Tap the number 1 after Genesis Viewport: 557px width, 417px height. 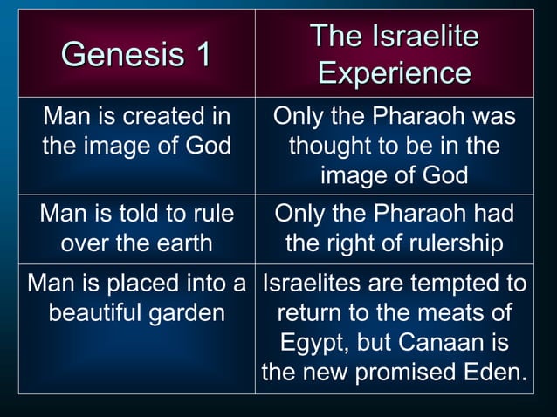coord(202,55)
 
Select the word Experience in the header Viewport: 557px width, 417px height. coord(395,73)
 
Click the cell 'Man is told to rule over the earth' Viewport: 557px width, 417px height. coord(137,229)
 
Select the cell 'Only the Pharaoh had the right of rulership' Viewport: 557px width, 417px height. coord(394,229)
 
